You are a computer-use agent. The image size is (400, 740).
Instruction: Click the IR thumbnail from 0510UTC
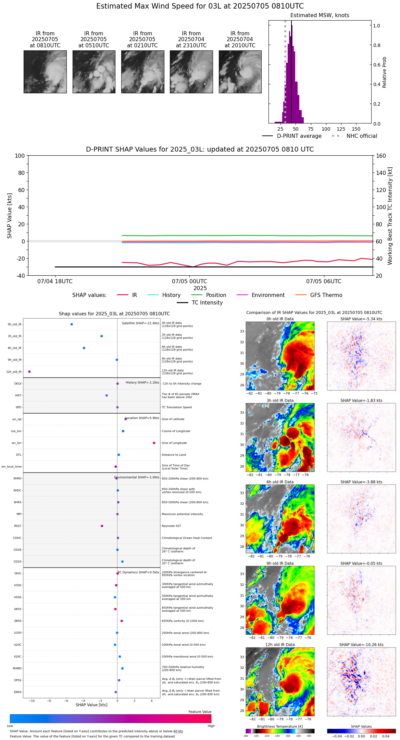(x=94, y=72)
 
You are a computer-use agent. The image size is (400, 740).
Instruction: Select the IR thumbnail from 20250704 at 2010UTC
(x=240, y=72)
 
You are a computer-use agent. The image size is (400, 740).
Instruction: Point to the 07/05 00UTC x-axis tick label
(x=189, y=282)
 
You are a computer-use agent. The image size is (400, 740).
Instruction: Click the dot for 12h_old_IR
(x=29, y=372)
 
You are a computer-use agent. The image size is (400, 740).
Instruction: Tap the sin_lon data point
(x=154, y=443)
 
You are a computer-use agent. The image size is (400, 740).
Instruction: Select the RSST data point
(x=102, y=526)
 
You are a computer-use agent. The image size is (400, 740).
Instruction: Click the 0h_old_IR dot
(x=72, y=324)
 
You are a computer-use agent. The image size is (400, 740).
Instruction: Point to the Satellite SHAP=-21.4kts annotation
(x=140, y=323)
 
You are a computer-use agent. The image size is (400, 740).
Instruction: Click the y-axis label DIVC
(x=18, y=574)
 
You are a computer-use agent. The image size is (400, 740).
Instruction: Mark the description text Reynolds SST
(x=171, y=526)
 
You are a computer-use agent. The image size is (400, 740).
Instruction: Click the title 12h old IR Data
(x=280, y=645)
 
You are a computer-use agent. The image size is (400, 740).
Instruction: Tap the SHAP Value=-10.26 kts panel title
(x=361, y=645)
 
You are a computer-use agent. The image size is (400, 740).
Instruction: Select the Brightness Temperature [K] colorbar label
(x=280, y=727)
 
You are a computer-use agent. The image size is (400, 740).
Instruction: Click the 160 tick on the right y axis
(x=381, y=156)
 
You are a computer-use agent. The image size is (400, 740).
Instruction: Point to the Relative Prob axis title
(x=385, y=72)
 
